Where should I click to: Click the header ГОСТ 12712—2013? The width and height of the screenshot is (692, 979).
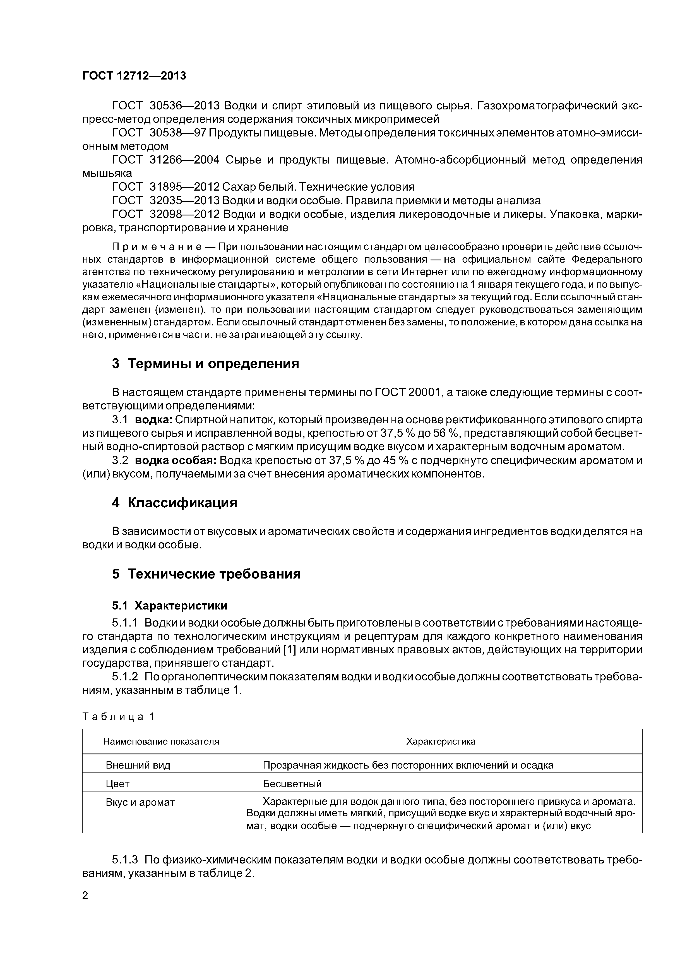coord(134,76)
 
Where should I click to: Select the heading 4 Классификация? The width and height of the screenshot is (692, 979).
coord(174,503)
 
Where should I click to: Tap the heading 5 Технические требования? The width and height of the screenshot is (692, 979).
coord(206,574)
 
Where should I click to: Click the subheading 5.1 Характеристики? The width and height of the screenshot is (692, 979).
coord(170,606)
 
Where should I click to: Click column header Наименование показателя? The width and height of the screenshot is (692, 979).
coord(161,742)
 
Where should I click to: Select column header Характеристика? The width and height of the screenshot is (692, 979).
coord(440,742)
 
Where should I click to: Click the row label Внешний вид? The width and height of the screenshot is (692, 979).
coord(138,766)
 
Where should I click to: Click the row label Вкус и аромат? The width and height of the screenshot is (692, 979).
coord(140,802)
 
